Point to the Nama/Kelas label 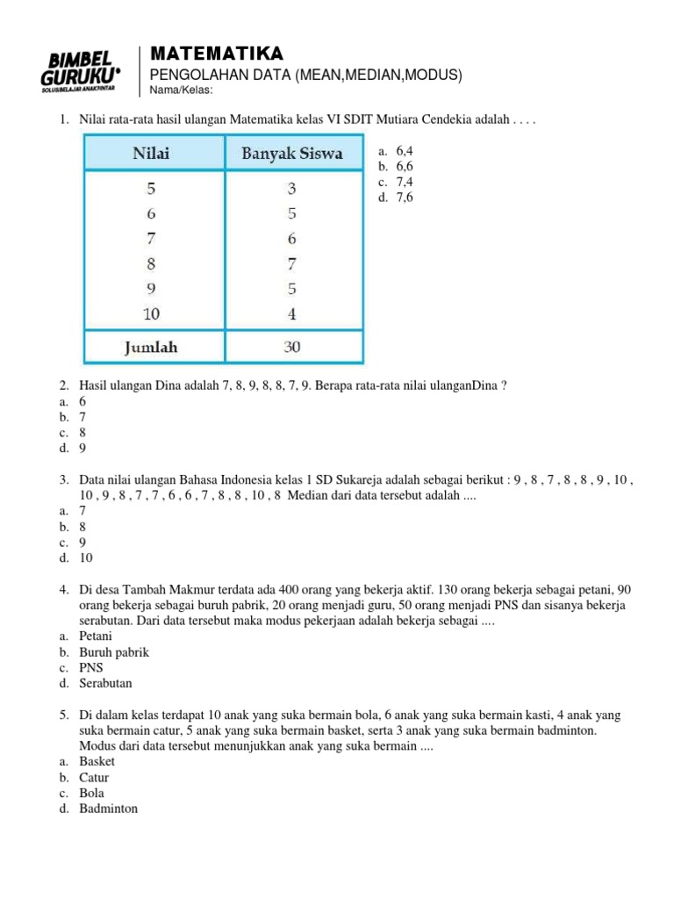[182, 90]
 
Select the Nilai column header [152, 154]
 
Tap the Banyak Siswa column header [291, 154]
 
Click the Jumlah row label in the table [151, 347]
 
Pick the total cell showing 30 [291, 347]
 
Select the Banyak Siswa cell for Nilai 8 [291, 263]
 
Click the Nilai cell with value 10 [152, 313]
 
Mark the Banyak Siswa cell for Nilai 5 [291, 188]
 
